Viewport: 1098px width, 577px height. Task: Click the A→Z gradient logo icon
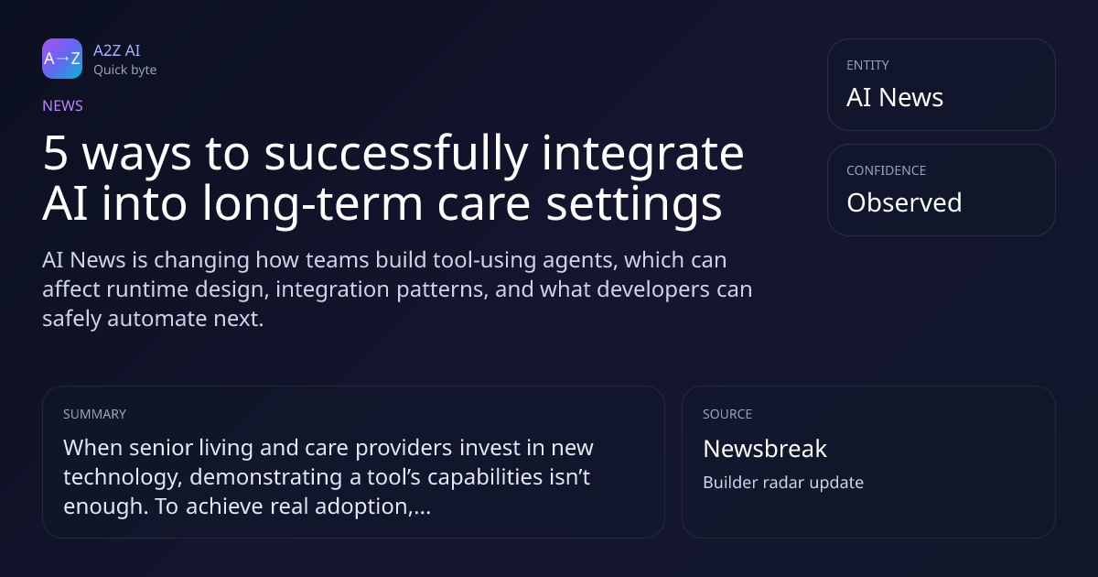tap(62, 59)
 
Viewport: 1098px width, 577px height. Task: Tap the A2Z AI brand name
tap(117, 50)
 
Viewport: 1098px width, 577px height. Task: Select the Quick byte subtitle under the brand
tap(125, 71)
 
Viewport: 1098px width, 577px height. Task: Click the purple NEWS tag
tap(62, 106)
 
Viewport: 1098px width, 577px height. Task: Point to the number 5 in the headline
tap(55, 154)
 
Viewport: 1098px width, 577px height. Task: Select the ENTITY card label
tap(867, 65)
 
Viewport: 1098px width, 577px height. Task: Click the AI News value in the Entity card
tap(895, 97)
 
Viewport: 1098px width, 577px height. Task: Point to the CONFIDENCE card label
tap(887, 170)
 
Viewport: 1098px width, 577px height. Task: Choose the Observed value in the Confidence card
tap(904, 202)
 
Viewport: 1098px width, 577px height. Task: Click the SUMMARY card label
tap(94, 414)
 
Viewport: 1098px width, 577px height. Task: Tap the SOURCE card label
tap(727, 414)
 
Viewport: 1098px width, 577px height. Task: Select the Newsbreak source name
tap(765, 449)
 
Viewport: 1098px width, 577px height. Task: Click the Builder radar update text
tap(783, 483)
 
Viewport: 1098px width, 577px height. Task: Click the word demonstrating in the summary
tap(265, 478)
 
